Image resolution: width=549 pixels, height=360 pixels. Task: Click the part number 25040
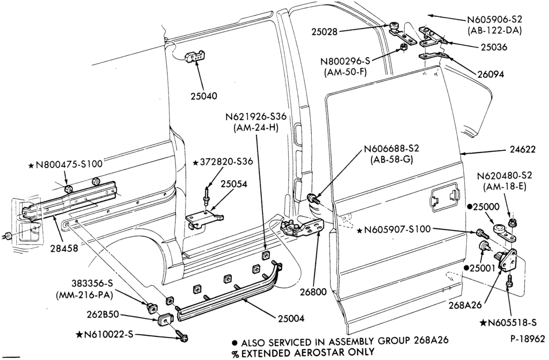[204, 95]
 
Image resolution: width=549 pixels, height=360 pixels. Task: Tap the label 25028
[324, 31]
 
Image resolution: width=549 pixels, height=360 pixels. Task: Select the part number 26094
[490, 74]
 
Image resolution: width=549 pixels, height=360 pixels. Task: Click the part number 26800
[313, 291]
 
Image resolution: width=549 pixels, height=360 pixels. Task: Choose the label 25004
[292, 318]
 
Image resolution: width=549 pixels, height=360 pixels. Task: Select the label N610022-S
[105, 334]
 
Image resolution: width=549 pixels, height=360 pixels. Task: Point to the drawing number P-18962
[527, 339]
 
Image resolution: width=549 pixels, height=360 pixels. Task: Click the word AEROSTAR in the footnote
[313, 352]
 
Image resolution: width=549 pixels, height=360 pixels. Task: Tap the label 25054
[233, 184]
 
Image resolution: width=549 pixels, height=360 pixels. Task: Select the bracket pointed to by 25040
[195, 56]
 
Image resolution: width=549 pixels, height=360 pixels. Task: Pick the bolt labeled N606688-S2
[312, 199]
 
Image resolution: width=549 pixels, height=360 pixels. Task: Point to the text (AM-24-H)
[255, 128]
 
